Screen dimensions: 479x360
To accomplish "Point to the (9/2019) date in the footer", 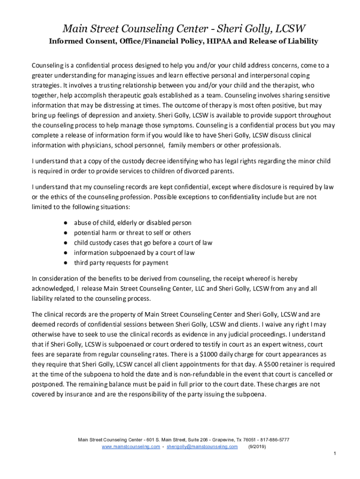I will (x=256, y=447).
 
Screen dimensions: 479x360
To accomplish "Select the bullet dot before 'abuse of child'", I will (x=67, y=223).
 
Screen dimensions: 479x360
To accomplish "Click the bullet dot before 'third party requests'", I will (x=67, y=262).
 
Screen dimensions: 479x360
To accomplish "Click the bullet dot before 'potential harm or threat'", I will (x=67, y=232).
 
